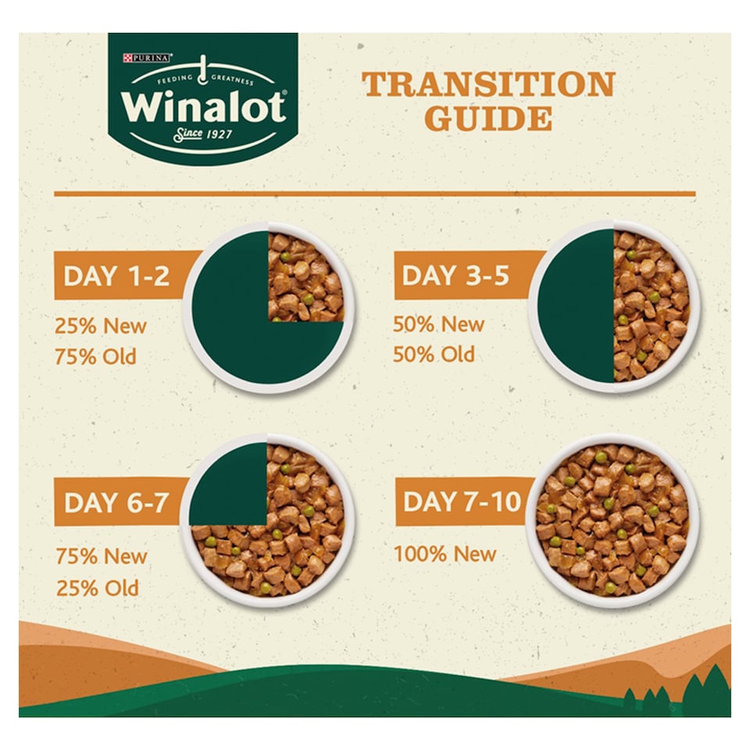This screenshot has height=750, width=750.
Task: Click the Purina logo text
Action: (148, 58)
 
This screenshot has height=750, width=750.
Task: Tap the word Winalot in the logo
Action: (203, 107)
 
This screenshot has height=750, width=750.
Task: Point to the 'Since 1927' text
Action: (203, 134)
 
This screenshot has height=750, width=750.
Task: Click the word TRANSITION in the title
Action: (488, 84)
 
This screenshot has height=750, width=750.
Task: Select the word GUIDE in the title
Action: (488, 119)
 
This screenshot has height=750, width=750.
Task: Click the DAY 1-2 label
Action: (116, 276)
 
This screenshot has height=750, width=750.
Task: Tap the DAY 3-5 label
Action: (455, 276)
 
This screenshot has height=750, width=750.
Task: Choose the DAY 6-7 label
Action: (116, 502)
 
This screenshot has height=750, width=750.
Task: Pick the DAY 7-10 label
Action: (462, 502)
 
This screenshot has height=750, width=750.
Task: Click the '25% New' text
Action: (101, 327)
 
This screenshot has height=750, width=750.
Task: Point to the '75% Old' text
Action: (95, 357)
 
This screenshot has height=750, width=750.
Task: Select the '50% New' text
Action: (438, 324)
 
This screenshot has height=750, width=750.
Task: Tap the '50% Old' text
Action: (434, 355)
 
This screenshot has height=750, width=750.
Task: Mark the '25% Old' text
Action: (98, 587)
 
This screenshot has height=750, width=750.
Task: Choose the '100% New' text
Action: (445, 555)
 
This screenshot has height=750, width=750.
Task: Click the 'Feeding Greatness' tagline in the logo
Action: (205, 79)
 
